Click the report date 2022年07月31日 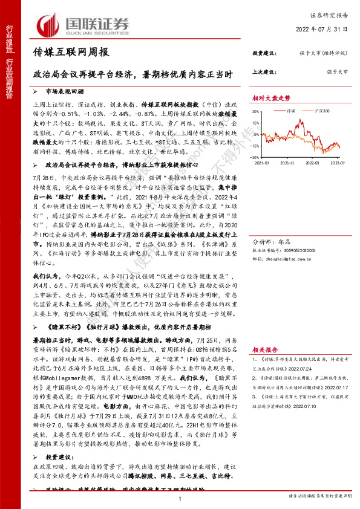pyautogui.click(x=329, y=30)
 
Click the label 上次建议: pyautogui.click(x=263, y=71)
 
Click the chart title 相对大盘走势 pyautogui.click(x=271, y=97)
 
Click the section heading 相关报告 pyautogui.click(x=265, y=333)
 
